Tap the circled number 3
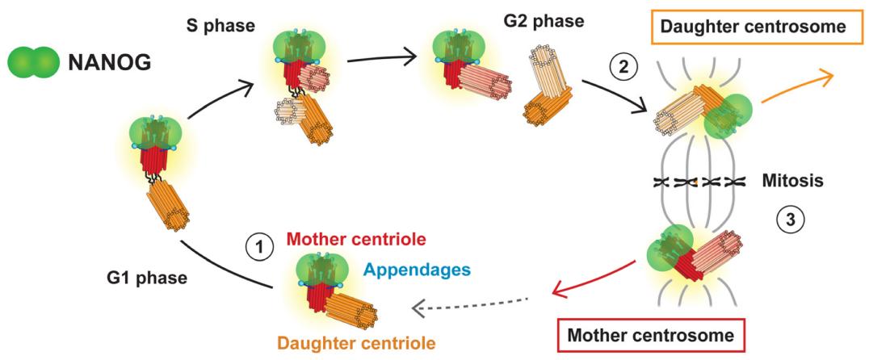789,219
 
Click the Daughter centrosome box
753,27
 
